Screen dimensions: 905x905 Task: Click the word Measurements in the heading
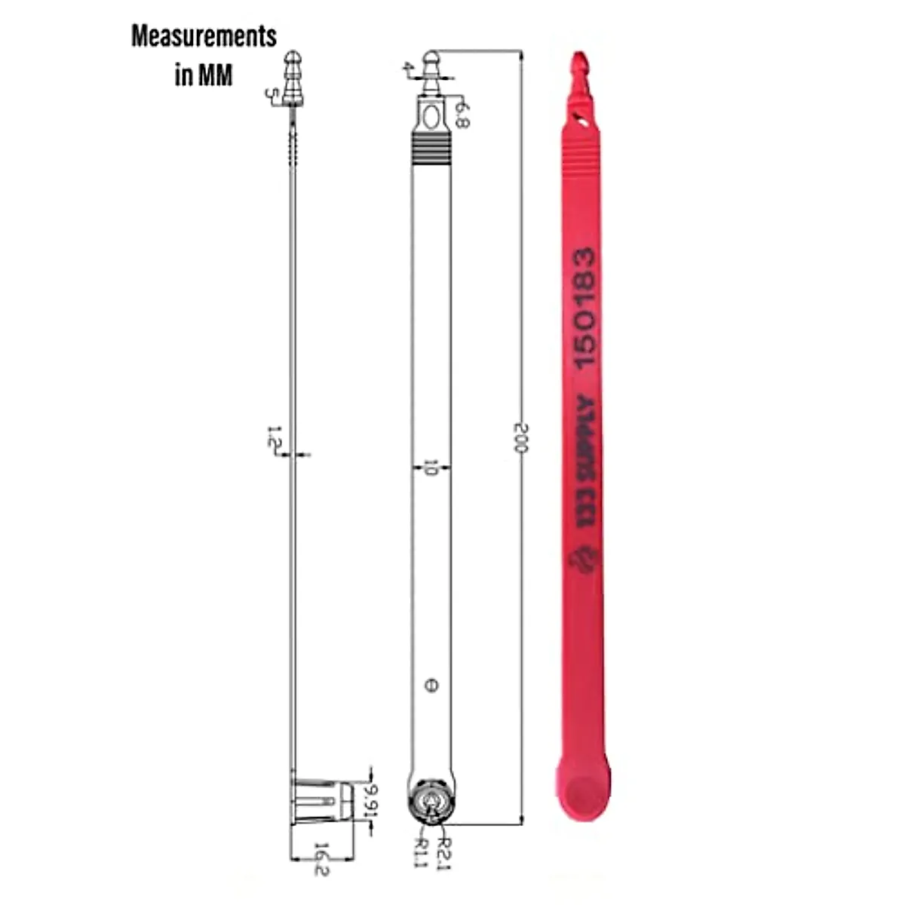click(x=204, y=36)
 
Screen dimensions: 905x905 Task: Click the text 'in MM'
click(x=204, y=75)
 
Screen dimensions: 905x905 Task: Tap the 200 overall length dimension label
click(x=521, y=438)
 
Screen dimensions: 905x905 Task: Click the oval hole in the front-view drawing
click(x=431, y=118)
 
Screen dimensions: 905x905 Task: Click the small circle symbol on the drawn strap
click(x=431, y=686)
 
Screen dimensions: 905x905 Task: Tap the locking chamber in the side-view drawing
click(x=323, y=800)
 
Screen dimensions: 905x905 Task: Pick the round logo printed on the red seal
click(x=584, y=559)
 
